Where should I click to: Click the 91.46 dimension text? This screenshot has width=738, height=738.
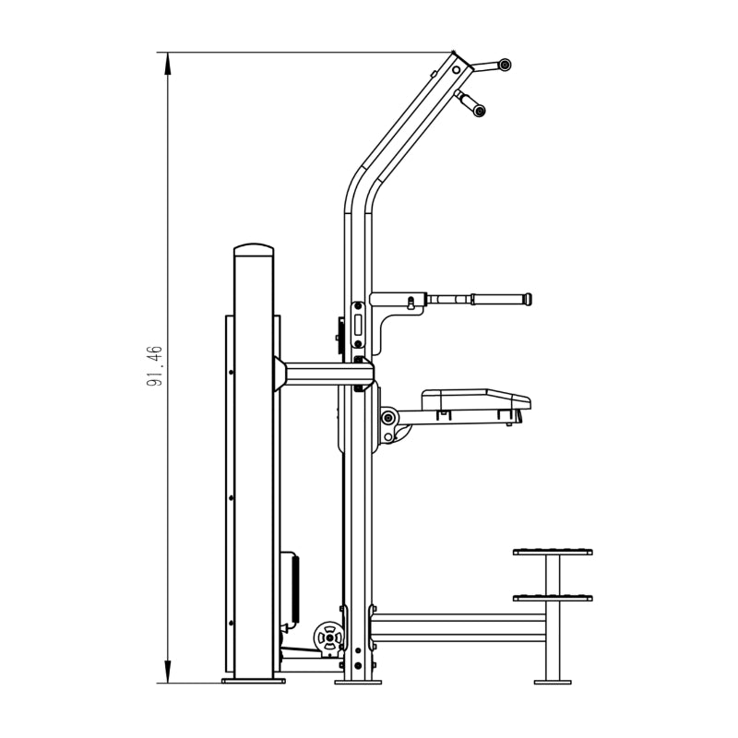154,365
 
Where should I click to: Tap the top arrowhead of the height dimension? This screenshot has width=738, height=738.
168,64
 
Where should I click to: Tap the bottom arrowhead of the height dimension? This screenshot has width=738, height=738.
168,672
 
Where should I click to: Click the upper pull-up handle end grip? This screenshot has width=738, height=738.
505,65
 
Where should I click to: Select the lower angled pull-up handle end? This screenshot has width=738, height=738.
479,111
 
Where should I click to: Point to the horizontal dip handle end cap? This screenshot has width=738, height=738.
528,299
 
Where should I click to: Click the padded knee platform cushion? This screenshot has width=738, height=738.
476,399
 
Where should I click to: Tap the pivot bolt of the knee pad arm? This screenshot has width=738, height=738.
388,418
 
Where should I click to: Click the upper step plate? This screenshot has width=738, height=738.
553,552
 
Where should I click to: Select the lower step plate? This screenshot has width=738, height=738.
553,598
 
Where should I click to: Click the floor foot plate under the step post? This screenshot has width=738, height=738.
553,682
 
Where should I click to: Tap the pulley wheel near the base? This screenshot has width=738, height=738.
329,637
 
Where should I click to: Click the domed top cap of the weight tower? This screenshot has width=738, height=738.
254,249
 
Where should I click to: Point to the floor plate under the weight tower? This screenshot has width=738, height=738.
254,681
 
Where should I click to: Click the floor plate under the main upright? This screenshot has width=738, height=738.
358,682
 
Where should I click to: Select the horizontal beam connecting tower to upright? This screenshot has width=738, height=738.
325,374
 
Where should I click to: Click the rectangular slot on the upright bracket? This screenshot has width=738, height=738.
358,324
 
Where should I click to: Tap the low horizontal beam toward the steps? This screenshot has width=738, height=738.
458,628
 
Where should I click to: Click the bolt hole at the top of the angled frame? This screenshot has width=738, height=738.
456,70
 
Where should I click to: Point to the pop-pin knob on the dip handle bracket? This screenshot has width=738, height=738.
411,303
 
